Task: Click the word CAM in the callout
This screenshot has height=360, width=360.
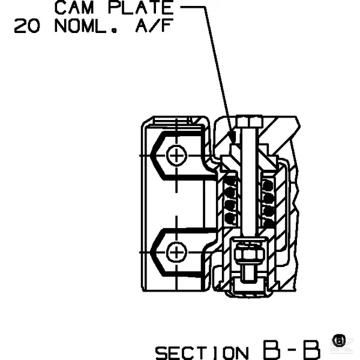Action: (74, 8)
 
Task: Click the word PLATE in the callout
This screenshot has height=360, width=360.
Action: (141, 8)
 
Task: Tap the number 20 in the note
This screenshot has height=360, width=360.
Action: (27, 26)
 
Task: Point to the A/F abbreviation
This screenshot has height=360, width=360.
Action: (154, 25)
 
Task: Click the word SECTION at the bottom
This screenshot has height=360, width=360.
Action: (202, 353)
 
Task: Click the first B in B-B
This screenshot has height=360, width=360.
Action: (272, 350)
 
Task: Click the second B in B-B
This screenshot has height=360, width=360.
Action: (311, 350)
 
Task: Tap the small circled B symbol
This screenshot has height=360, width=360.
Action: (339, 341)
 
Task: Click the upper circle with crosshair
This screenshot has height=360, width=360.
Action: (176, 155)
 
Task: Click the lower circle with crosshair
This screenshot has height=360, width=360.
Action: (176, 253)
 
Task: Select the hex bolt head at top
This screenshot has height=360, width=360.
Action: (249, 121)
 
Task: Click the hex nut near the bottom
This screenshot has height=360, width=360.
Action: (249, 254)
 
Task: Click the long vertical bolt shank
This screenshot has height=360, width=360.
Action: (249, 181)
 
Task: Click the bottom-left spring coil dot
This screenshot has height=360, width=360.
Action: (230, 218)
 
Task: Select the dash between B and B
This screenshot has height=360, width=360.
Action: (292, 350)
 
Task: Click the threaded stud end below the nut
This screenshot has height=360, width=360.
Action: (249, 273)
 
